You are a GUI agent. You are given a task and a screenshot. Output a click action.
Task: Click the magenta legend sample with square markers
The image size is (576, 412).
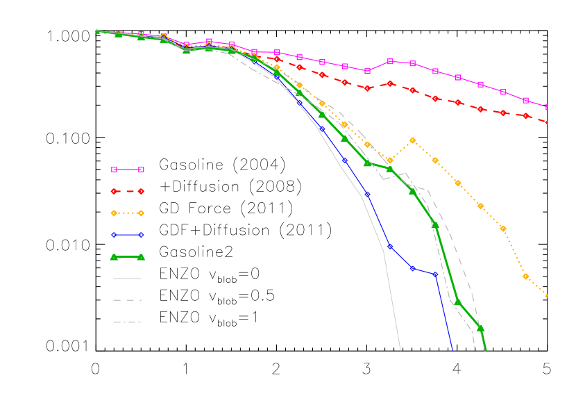(128, 170)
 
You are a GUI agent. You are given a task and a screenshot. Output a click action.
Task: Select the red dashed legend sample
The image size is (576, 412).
(128, 191)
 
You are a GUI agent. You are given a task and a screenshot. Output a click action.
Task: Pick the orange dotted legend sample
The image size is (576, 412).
(128, 213)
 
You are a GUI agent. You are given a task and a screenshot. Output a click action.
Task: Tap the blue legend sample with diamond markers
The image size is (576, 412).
(128, 235)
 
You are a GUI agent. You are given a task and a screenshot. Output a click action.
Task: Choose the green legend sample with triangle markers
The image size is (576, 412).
(128, 257)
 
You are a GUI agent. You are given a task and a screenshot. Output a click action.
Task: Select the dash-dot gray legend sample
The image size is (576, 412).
(128, 322)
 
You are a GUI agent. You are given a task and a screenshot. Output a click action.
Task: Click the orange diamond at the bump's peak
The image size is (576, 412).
(412, 140)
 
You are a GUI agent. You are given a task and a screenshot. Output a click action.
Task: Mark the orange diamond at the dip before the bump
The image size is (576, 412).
(390, 160)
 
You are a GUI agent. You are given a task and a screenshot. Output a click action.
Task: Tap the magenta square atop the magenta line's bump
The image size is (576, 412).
(390, 61)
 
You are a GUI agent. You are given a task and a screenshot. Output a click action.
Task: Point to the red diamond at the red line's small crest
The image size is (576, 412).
(390, 83)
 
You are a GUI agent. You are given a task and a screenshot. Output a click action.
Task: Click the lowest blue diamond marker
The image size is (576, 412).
(435, 275)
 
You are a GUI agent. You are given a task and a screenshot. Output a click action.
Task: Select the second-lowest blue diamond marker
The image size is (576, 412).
(413, 268)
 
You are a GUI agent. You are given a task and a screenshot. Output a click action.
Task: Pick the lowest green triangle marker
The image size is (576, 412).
(480, 328)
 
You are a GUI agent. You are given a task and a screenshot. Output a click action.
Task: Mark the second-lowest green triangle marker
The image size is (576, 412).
(457, 302)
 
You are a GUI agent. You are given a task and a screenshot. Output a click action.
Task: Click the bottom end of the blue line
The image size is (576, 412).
(452, 350)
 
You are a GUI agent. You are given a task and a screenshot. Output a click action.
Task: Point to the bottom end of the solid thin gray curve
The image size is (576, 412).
(401, 350)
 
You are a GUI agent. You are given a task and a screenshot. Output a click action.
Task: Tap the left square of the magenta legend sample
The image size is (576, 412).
(115, 170)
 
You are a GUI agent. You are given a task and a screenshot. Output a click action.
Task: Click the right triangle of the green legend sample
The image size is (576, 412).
(141, 257)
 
